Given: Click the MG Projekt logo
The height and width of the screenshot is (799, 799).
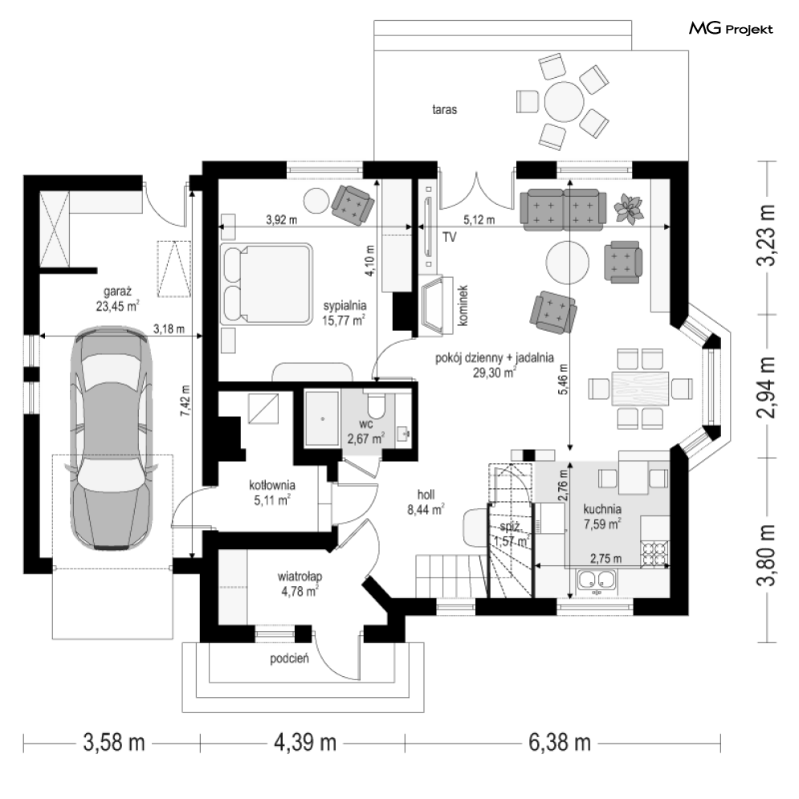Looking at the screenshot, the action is tap(731, 29).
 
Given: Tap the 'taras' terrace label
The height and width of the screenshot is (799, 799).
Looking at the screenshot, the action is tap(444, 109).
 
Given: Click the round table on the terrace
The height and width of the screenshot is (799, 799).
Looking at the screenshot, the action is tap(564, 102).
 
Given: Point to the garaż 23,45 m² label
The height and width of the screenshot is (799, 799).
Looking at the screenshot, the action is tap(118, 299).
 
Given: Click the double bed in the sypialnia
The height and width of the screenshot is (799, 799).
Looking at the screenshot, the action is tap(266, 283).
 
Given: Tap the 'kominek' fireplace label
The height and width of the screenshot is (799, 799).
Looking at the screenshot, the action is tap(463, 306).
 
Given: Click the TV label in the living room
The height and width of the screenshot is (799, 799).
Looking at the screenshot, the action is tap(449, 237).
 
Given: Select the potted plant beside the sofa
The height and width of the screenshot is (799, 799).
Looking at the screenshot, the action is tap(629, 209).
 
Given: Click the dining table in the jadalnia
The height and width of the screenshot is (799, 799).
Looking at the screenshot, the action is tap(640, 389).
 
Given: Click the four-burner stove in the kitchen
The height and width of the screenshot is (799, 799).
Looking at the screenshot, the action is tap(654, 553).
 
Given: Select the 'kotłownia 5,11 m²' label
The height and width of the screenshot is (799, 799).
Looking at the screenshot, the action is tap(272, 493).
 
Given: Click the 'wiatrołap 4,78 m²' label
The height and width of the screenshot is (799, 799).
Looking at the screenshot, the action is tap(300, 584).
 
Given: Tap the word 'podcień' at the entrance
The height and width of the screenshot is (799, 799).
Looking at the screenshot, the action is tap(289, 658).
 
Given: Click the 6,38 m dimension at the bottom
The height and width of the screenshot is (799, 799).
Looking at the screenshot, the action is tap(560, 743).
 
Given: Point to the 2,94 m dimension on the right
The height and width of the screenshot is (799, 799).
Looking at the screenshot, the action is tap(766, 387).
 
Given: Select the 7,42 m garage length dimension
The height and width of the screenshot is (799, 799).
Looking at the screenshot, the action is tap(185, 401).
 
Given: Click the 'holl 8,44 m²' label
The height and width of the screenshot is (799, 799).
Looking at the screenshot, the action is tap(426, 502).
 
